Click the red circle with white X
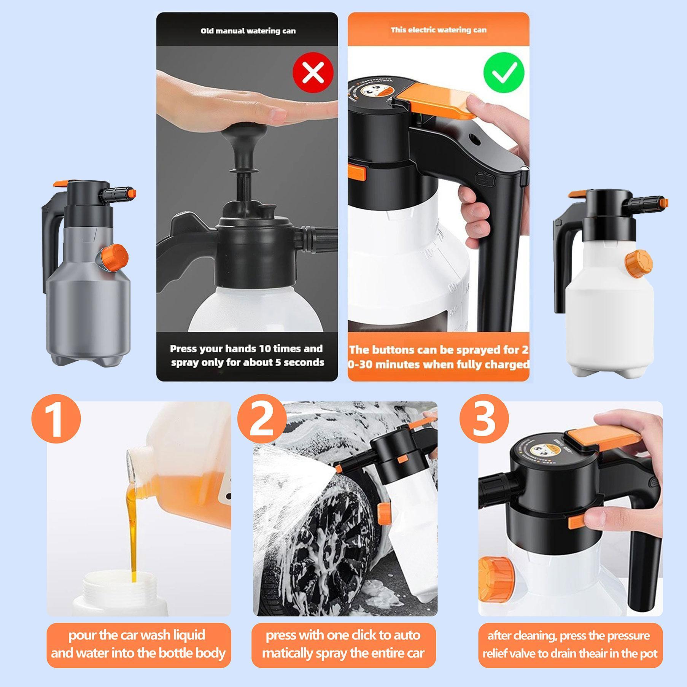click(313, 72)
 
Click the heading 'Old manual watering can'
click(248, 31)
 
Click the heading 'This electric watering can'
click(439, 30)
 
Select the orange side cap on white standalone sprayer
click(639, 262)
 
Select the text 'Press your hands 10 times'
click(246, 349)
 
